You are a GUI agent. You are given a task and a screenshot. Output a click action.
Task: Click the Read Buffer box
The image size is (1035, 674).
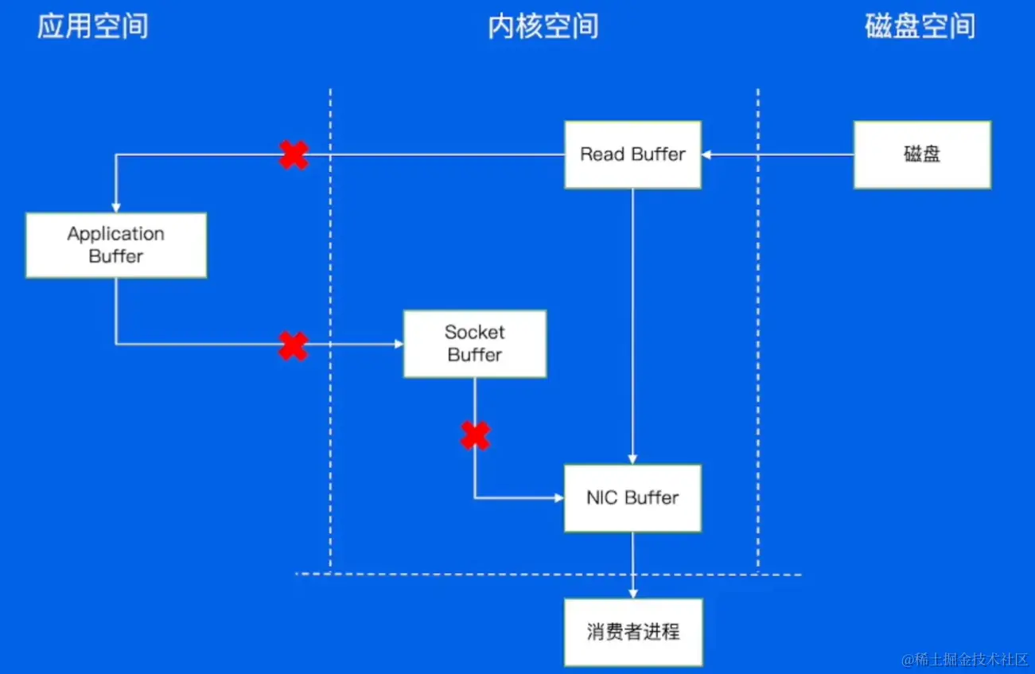[x=632, y=154]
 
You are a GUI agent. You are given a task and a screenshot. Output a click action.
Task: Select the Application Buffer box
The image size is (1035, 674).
[x=116, y=245]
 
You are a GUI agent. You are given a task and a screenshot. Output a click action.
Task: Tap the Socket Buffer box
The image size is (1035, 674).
[x=475, y=344]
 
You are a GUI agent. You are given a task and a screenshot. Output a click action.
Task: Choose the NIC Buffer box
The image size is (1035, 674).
[x=632, y=498]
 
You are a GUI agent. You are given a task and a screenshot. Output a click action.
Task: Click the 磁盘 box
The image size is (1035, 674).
[x=922, y=154]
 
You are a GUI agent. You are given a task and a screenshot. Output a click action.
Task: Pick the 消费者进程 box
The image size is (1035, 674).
[x=633, y=632]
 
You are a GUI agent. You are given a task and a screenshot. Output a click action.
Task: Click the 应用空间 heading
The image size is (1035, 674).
[x=92, y=27]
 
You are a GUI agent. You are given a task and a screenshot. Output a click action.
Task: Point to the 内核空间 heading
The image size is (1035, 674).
[x=543, y=27]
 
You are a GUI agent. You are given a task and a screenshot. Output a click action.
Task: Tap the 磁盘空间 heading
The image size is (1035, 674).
[x=920, y=27]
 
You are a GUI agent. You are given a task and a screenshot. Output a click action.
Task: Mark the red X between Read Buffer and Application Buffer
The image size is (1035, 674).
[x=294, y=154]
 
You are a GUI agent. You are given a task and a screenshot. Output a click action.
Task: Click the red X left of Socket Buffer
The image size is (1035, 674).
[x=294, y=345]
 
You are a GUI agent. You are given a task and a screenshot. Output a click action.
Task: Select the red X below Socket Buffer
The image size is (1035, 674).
[x=476, y=435]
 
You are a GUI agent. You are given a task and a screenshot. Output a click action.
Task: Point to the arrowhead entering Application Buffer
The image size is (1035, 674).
[x=116, y=207]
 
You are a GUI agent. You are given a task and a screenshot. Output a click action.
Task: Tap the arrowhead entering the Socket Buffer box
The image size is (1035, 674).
[x=399, y=345]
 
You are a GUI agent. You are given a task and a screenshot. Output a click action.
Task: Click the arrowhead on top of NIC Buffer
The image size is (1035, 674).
[x=633, y=459]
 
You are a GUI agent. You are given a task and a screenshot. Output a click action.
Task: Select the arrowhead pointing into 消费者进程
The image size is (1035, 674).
[x=633, y=593]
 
